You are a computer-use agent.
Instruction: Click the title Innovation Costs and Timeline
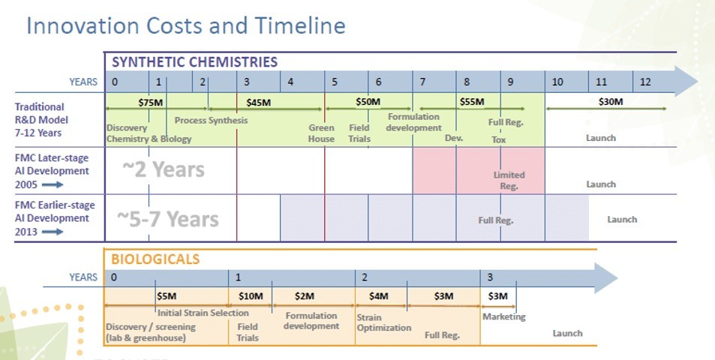point(185,25)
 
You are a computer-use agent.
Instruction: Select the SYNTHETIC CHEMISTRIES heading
point(195,62)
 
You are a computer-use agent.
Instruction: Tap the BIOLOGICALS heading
point(155,259)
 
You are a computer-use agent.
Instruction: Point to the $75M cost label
point(151,103)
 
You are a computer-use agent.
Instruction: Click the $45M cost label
point(259,103)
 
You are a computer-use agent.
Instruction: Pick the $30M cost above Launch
point(611,101)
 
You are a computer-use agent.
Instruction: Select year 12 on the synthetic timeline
point(645,82)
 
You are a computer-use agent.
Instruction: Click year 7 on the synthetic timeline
point(422,82)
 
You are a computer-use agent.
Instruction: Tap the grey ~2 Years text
point(164,169)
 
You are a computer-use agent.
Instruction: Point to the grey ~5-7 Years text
point(168,219)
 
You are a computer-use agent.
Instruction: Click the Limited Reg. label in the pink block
point(509,181)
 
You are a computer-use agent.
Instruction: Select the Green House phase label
point(321,133)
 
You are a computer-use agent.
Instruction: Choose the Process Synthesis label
point(211,120)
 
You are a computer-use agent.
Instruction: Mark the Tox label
point(499,140)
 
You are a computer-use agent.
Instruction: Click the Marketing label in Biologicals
point(504,316)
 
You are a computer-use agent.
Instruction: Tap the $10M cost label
point(251,296)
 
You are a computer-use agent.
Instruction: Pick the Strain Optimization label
point(384,322)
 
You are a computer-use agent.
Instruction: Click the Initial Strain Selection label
point(203,313)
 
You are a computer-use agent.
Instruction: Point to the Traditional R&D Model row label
point(41,120)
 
